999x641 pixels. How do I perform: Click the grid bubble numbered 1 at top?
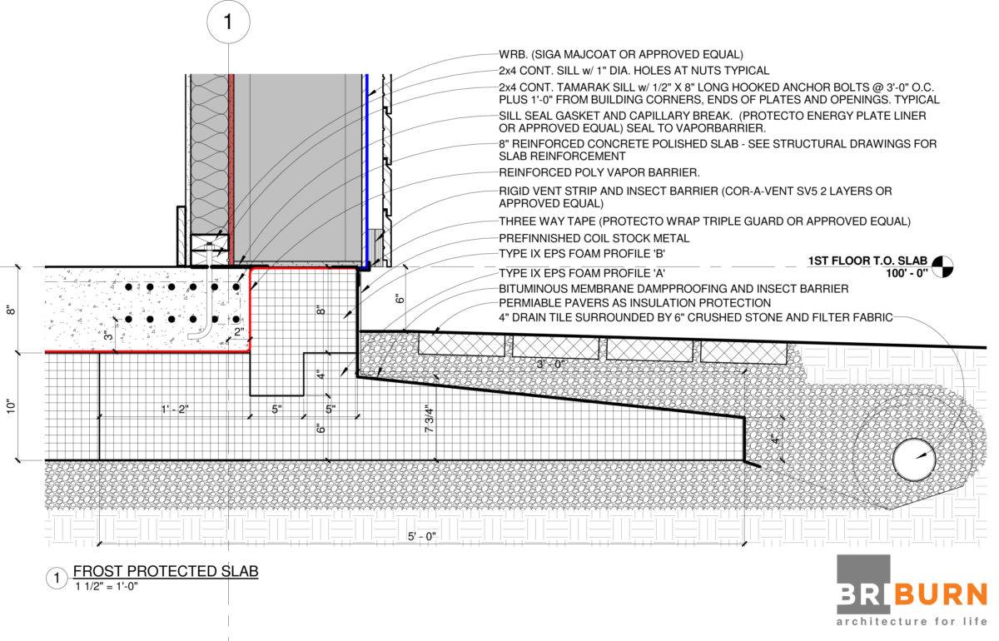(x=228, y=23)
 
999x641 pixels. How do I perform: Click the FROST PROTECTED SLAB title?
(x=166, y=571)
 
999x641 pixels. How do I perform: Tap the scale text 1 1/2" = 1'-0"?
(x=106, y=586)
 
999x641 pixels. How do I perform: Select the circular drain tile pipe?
(x=914, y=460)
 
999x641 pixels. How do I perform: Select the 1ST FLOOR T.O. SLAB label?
(x=867, y=261)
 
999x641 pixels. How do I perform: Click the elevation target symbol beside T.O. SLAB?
(x=942, y=266)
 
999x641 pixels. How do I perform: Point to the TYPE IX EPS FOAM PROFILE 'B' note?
(x=581, y=253)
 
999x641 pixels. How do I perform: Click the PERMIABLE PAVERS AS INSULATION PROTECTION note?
(x=634, y=303)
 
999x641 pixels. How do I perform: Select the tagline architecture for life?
(x=912, y=621)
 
